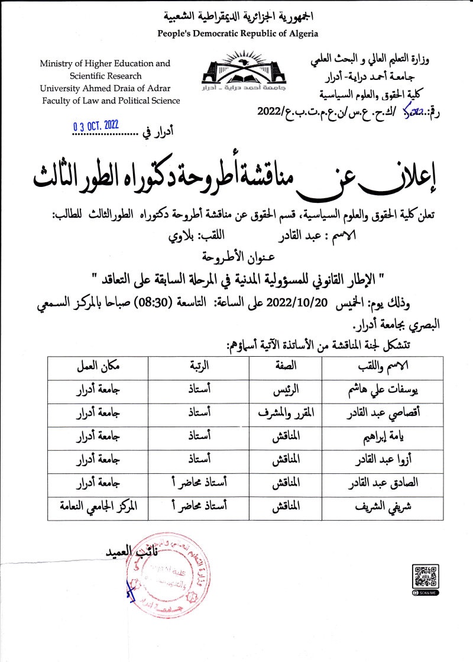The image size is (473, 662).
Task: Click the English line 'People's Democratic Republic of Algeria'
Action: click(238, 34)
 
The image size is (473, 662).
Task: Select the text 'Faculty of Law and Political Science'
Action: click(111, 101)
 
